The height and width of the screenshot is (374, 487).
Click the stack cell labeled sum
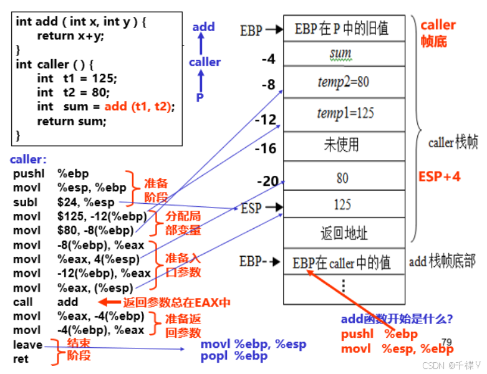pyautogui.click(x=340, y=54)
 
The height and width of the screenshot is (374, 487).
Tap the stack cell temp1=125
pyautogui.click(x=345, y=113)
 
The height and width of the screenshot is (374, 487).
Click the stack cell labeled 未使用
pyautogui.click(x=342, y=145)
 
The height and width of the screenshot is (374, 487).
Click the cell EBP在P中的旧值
pyautogui.click(x=342, y=28)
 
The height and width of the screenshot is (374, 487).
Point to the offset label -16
pyautogui.click(x=265, y=148)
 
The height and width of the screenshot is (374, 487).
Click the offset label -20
pyautogui.click(x=268, y=181)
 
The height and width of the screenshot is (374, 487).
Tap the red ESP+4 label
pyautogui.click(x=439, y=177)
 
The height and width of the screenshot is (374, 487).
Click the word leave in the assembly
pyautogui.click(x=27, y=345)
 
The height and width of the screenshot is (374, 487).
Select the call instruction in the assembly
pyautogui.click(x=23, y=302)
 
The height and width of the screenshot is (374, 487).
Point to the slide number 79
pyautogui.click(x=446, y=343)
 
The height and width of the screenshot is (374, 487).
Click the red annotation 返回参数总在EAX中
pyautogui.click(x=177, y=303)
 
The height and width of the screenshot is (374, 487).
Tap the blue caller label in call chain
pyautogui.click(x=205, y=62)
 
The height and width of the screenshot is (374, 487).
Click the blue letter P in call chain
pyautogui.click(x=200, y=97)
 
